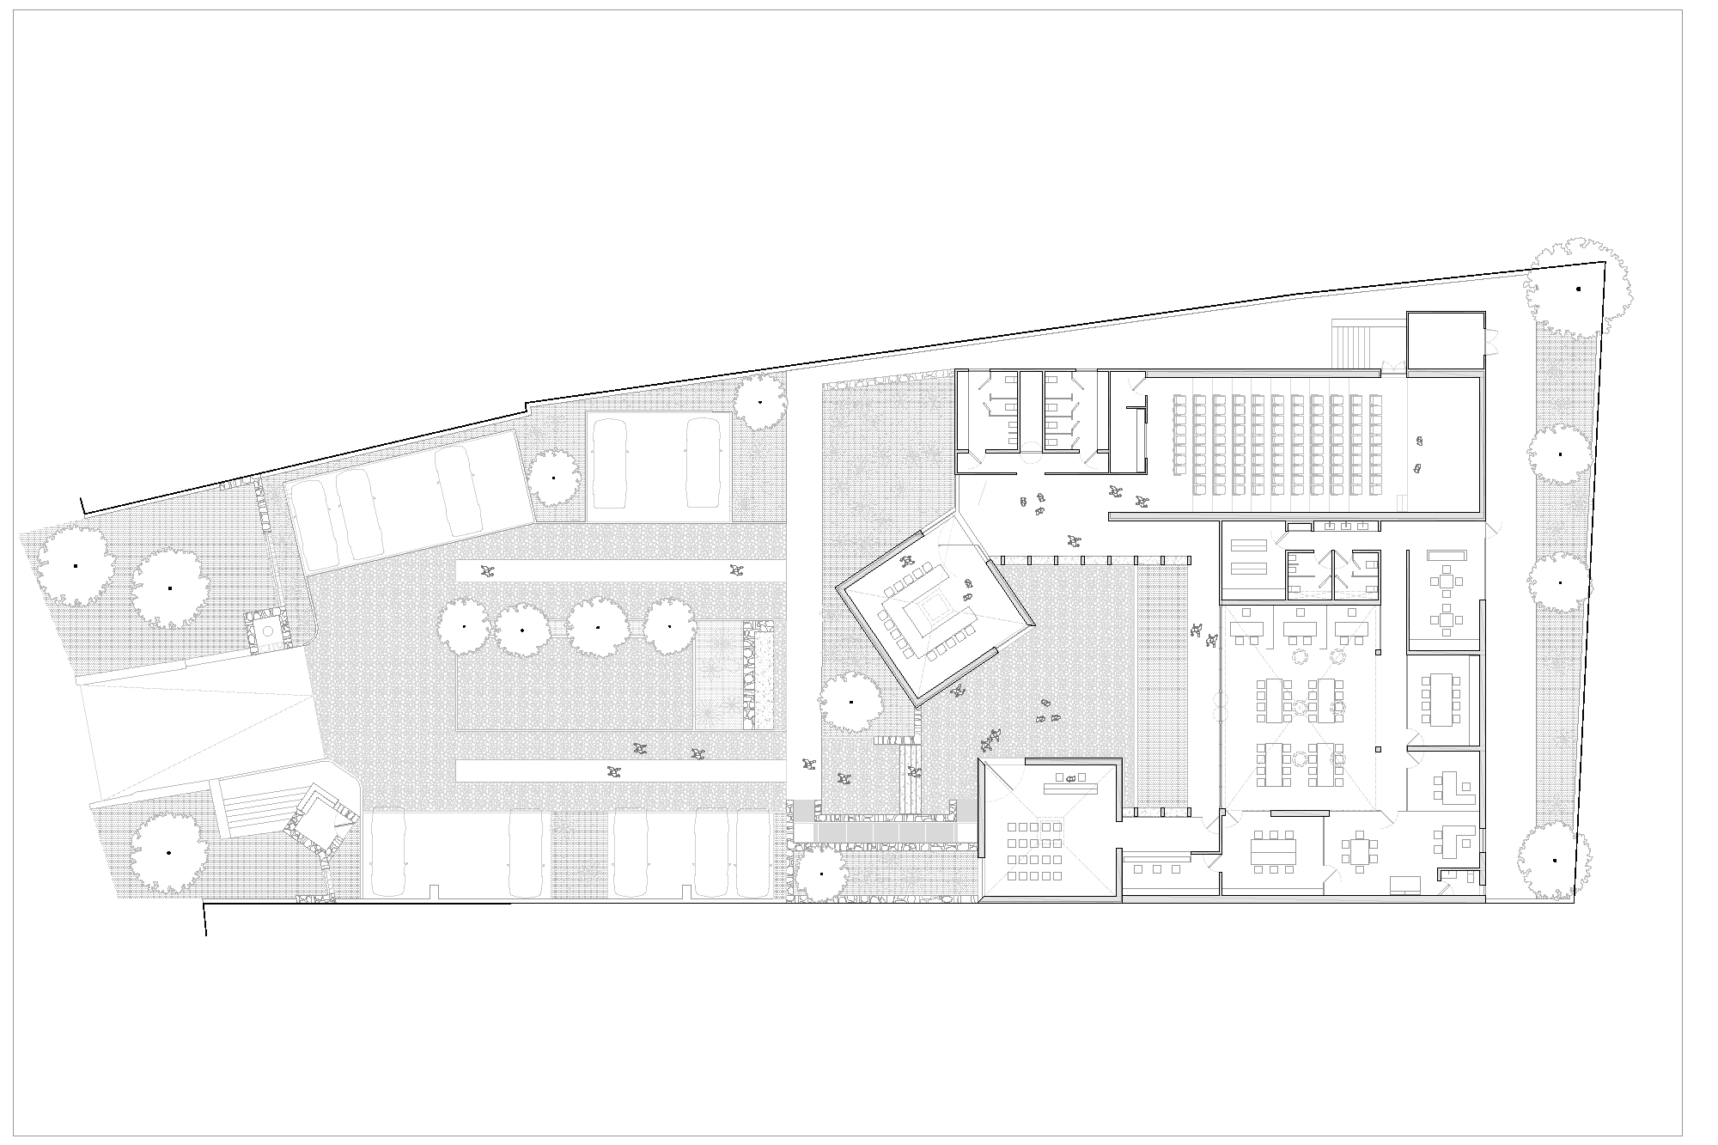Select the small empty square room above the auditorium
(1445, 340)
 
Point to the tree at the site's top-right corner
(1578, 289)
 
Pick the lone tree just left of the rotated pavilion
(851, 702)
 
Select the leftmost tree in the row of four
(465, 626)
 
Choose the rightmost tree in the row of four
(670, 626)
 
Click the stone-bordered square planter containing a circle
(266, 630)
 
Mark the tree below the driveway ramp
(168, 853)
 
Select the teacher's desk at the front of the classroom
(1069, 786)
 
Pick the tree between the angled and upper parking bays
(553, 478)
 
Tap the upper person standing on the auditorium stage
(1419, 441)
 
